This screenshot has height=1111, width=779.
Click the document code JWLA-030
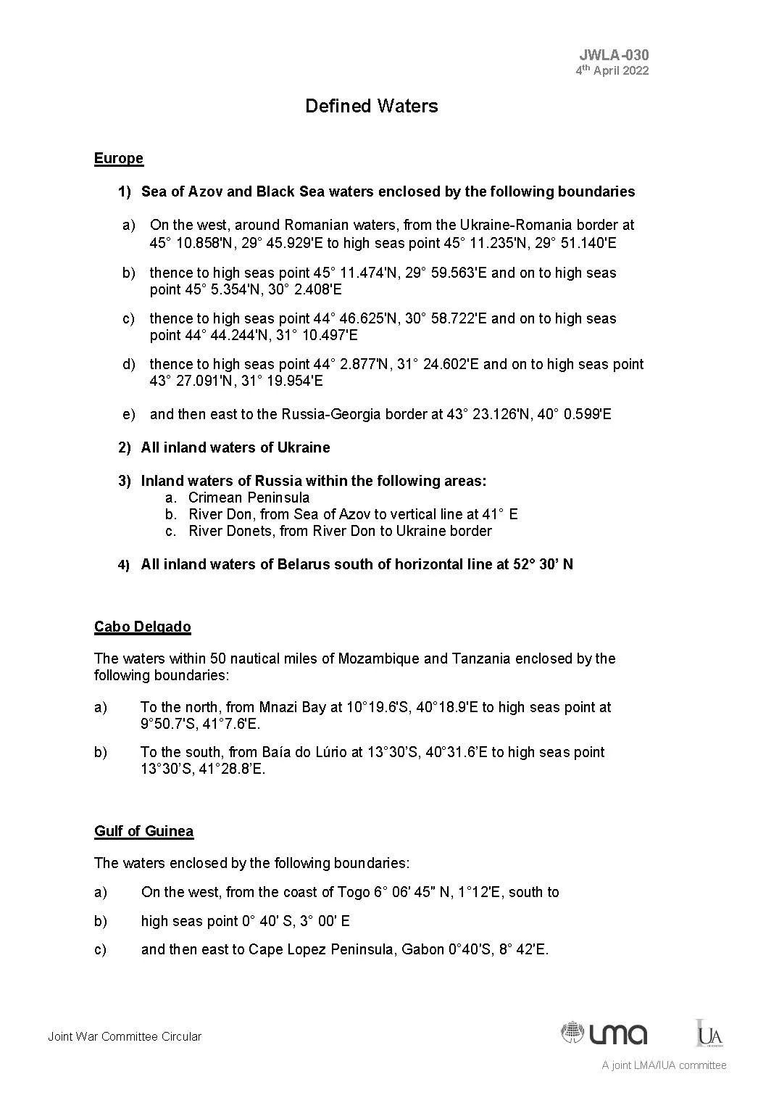614,55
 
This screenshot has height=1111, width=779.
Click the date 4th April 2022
612,71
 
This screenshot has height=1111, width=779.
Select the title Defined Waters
371,107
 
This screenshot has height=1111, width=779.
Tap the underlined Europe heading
119,159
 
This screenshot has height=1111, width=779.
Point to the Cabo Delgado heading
143,627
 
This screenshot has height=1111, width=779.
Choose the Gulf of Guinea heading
143,831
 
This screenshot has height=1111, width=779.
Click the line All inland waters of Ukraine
236,447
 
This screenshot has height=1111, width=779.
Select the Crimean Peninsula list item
249,497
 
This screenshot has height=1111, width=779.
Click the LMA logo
604,1033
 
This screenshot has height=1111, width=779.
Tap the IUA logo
709,1034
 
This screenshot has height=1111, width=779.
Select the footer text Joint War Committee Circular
125,1037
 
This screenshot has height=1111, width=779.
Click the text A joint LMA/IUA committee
664,1065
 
